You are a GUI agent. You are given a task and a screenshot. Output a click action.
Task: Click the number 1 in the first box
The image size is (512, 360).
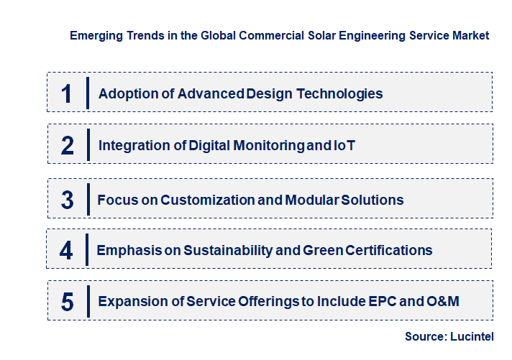pyautogui.click(x=67, y=93)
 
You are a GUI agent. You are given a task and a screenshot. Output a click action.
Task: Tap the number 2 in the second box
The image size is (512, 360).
pyautogui.click(x=68, y=145)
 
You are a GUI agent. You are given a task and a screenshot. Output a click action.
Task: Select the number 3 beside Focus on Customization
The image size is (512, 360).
pyautogui.click(x=67, y=200)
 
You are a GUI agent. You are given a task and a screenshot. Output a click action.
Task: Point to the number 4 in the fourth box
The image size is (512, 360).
pyautogui.click(x=66, y=251)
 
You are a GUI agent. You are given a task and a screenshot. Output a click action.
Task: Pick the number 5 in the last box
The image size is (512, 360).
pyautogui.click(x=68, y=302)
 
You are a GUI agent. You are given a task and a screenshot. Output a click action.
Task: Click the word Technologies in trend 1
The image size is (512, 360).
pyautogui.click(x=339, y=93)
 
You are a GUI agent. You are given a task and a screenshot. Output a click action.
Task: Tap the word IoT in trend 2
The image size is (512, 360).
pyautogui.click(x=344, y=145)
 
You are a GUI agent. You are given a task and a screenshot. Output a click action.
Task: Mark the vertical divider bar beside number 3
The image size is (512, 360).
pyautogui.click(x=86, y=199)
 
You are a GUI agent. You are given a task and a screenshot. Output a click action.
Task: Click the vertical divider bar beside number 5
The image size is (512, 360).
pyautogui.click(x=88, y=301)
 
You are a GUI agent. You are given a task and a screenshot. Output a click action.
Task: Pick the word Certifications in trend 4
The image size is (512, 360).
pyautogui.click(x=389, y=251)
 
